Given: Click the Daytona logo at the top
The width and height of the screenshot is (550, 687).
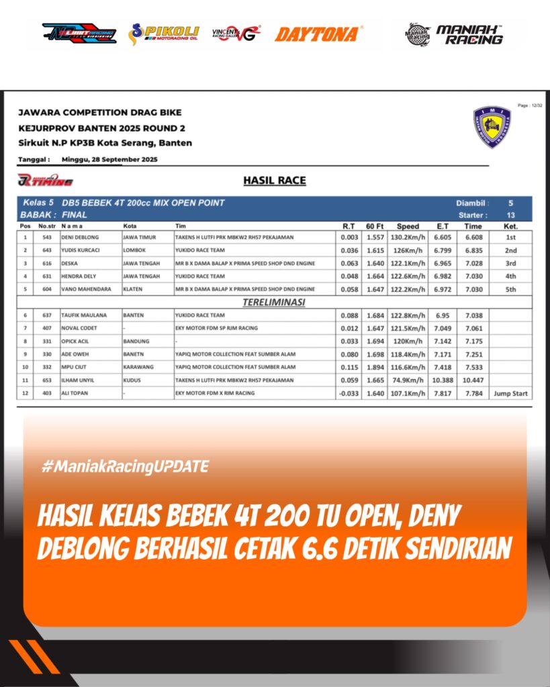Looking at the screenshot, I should pos(319,34).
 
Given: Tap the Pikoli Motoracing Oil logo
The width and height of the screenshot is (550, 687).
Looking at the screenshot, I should pos(164,34).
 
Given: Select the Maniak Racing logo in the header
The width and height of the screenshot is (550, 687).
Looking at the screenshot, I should pos(455,34).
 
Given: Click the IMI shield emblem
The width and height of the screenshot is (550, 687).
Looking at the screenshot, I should pos(492,127).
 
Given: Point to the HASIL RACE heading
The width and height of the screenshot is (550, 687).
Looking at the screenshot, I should pos(275,180).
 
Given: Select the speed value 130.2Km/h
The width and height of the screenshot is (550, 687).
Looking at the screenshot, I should pos(408,237).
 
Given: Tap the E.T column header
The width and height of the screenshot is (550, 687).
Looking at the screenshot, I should pos(442,226).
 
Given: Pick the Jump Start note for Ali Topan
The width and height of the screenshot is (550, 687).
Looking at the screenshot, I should pos(510,393).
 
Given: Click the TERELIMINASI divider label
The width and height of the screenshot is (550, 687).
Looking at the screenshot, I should pos(274,302).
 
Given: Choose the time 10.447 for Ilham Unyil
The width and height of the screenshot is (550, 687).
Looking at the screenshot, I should pos(473,380).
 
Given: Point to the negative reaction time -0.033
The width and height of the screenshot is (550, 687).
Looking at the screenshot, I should pos(348,393).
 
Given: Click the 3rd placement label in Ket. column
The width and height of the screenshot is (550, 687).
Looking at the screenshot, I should pos(510,264).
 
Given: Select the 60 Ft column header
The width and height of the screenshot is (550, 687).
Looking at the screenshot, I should pos(375,226).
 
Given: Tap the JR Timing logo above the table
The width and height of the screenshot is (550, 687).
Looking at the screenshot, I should pos(45,180).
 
